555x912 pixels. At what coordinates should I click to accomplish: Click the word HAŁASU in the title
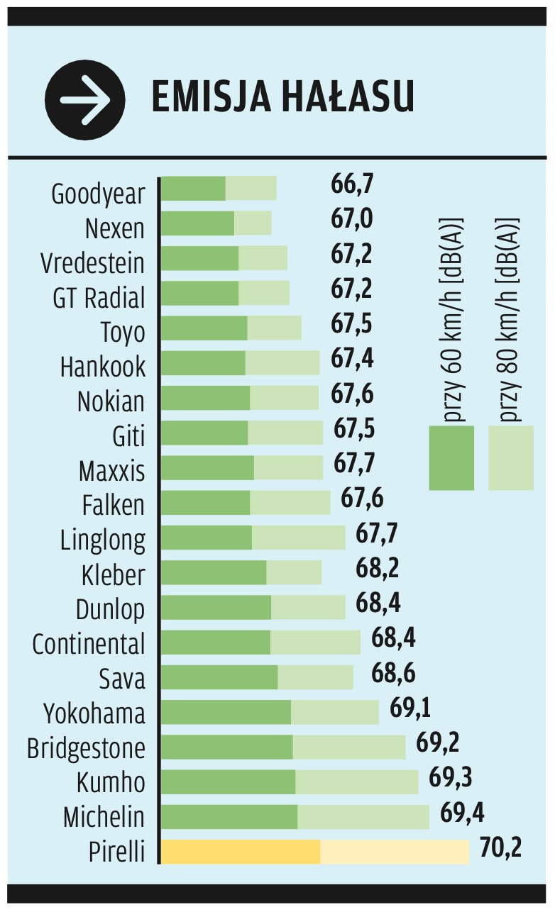[x=349, y=99]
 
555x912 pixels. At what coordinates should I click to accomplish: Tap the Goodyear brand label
[x=98, y=194]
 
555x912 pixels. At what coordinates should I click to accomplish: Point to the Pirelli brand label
[x=116, y=851]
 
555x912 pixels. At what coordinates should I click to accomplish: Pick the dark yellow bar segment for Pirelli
[x=240, y=852]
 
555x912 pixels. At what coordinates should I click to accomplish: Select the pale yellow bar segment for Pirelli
[x=394, y=852]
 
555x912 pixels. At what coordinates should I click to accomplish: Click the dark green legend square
[x=451, y=458]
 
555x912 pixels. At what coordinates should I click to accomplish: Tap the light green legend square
[x=510, y=458]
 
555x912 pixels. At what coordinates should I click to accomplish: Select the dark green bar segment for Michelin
[x=229, y=817]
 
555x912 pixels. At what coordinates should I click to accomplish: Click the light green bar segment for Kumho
[x=356, y=782]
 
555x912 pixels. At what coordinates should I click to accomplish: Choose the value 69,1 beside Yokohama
[x=410, y=707]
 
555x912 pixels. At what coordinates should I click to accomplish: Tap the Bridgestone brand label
[x=86, y=747]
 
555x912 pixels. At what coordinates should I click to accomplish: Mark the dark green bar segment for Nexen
[x=197, y=223]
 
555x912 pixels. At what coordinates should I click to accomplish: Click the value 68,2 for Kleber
[x=378, y=567]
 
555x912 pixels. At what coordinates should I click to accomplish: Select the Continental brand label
[x=89, y=643]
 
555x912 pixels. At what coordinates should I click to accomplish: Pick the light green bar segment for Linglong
[x=298, y=538]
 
